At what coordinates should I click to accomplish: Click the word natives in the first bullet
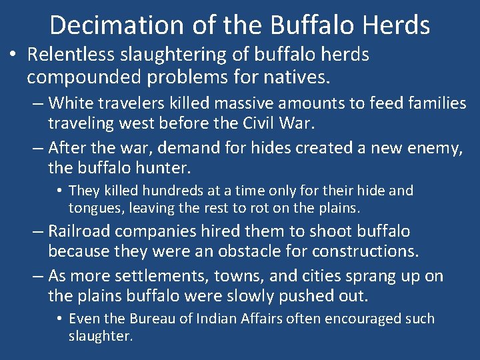click(x=294, y=78)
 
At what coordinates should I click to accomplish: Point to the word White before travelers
click(x=71, y=103)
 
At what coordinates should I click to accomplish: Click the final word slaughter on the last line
click(x=100, y=335)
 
